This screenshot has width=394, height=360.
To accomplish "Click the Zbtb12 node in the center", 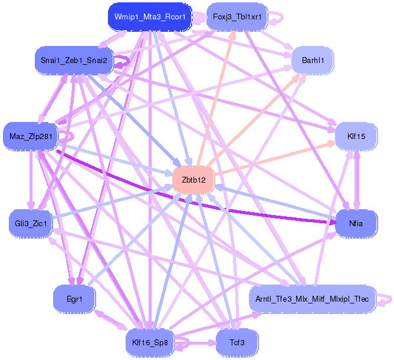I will [193, 180].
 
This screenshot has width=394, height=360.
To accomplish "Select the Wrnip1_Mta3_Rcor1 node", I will [149, 17].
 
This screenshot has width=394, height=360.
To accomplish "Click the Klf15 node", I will [356, 136].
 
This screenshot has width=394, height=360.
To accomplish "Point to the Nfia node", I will [356, 223].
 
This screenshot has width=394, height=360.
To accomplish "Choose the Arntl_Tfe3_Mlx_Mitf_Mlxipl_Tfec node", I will [311, 299].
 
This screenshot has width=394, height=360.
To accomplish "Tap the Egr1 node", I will [74, 299].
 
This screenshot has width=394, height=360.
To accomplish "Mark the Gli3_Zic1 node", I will [31, 223].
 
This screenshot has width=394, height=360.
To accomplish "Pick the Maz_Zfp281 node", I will [31, 137].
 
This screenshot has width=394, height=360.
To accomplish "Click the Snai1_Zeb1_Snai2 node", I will [74, 60].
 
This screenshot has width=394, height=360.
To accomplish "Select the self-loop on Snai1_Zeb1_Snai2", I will [123, 61].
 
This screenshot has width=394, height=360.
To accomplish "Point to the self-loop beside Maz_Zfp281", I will [66, 136].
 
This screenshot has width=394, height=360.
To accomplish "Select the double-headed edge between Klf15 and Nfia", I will [356, 180].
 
